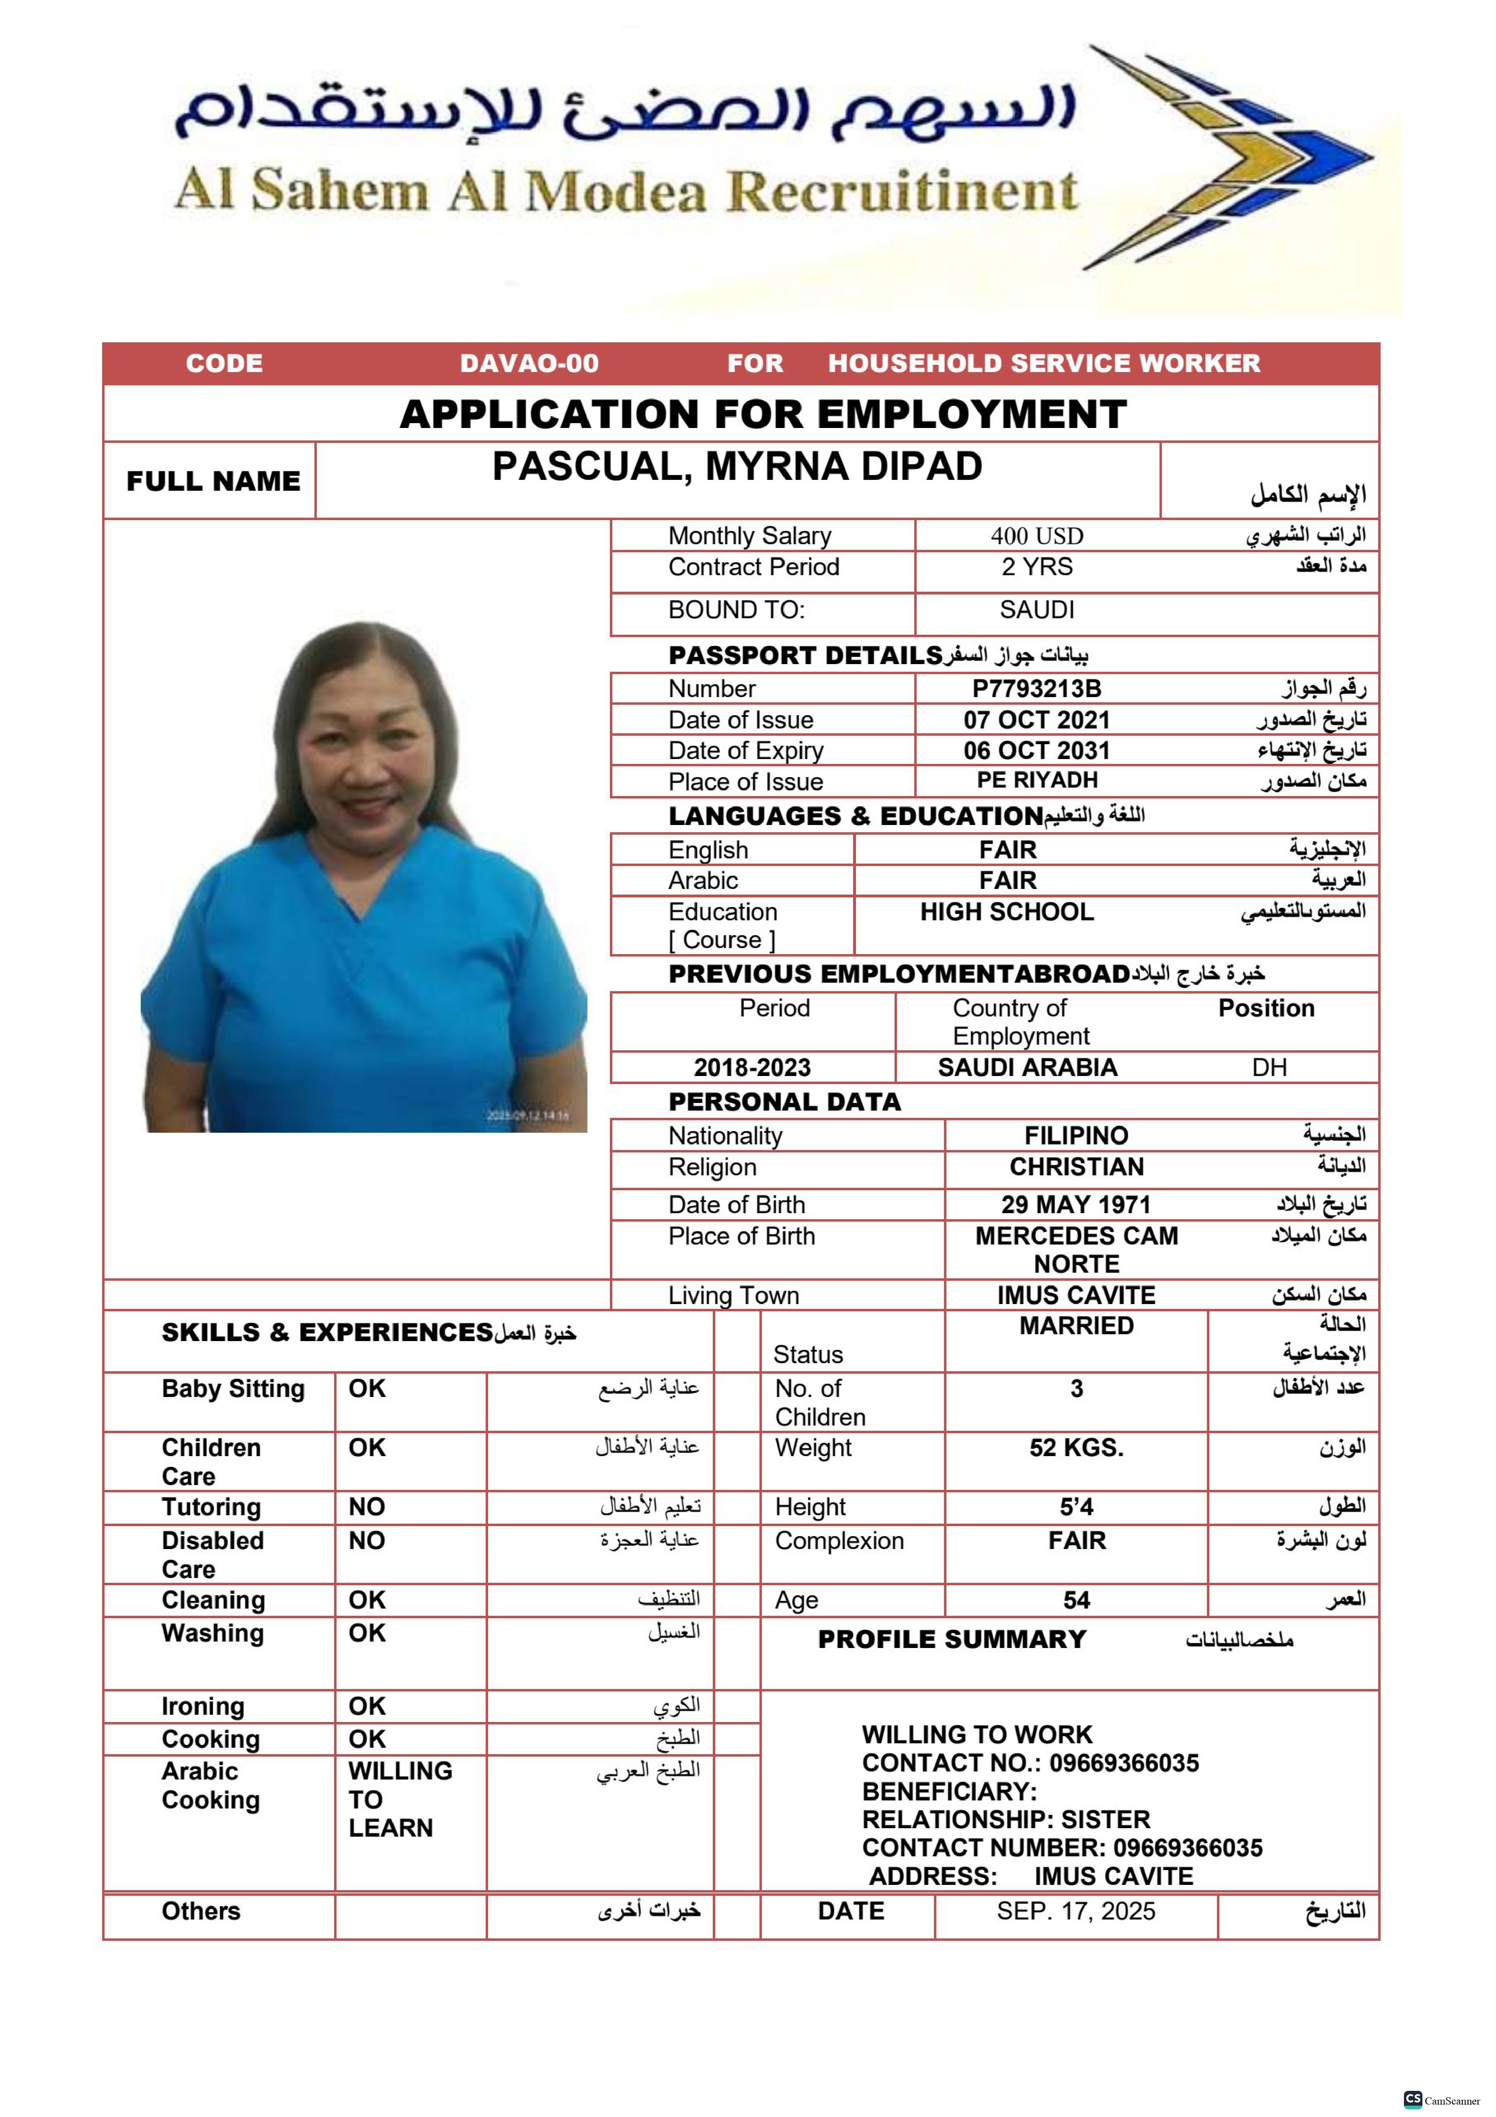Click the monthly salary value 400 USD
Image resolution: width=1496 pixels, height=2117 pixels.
pyautogui.click(x=1037, y=536)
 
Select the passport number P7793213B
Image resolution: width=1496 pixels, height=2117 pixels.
pyautogui.click(x=1037, y=689)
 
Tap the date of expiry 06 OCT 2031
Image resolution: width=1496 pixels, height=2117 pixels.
pyautogui.click(x=1037, y=751)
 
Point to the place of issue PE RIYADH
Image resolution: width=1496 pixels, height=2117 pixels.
pyautogui.click(x=1037, y=781)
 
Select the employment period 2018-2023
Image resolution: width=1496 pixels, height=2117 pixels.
pyautogui.click(x=752, y=1068)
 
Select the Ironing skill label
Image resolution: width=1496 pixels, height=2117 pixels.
pyautogui.click(x=203, y=1707)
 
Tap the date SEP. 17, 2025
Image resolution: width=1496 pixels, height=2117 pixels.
pyautogui.click(x=1076, y=1911)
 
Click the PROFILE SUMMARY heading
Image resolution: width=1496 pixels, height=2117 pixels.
pyautogui.click(x=952, y=1640)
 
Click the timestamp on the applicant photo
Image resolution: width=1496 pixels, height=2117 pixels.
pyautogui.click(x=528, y=1116)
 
